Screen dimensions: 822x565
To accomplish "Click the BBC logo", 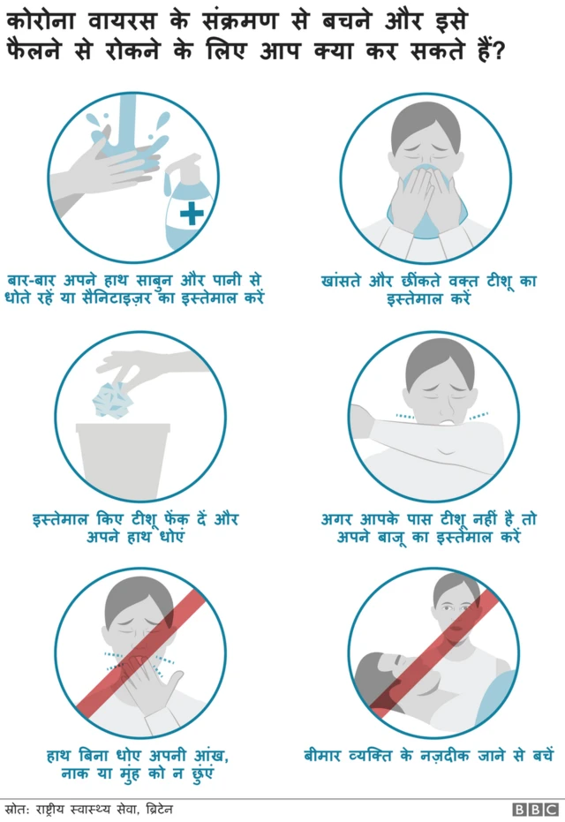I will coord(535,809).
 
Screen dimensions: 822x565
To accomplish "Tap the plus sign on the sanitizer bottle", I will coord(192,212).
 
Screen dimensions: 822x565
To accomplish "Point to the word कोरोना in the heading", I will coord(49,19).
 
